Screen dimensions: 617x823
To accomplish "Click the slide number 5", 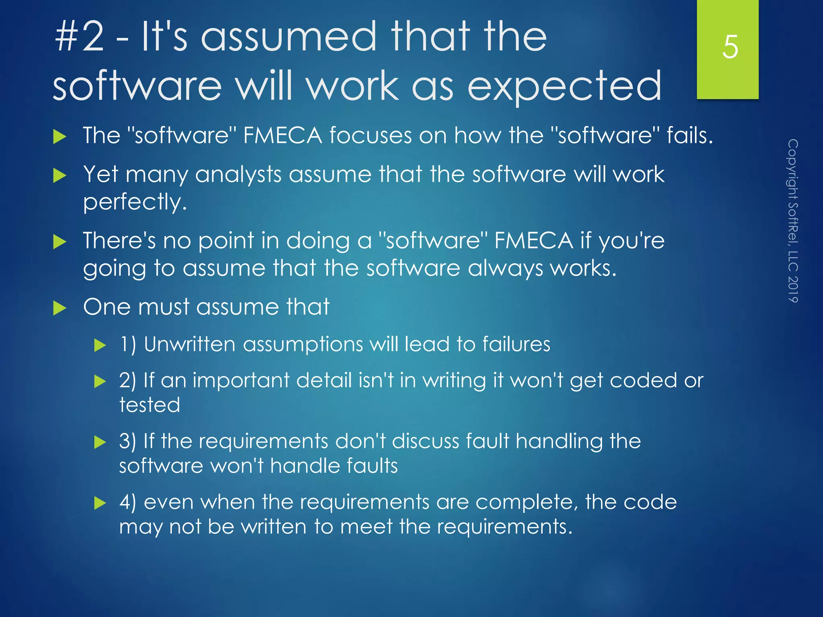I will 730,47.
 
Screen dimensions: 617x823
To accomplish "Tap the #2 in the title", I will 80,37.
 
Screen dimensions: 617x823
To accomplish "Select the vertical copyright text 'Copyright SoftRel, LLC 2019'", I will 792,221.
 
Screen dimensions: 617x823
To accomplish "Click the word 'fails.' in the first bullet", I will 690,135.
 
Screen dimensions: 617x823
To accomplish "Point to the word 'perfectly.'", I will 135,202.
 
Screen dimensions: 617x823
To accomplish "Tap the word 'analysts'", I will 238,175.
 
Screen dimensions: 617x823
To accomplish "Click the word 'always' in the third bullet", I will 505,268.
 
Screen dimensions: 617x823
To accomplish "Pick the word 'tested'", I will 149,405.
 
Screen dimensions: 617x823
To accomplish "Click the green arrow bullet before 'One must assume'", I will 59,308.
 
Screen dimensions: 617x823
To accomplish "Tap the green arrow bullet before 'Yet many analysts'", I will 59,176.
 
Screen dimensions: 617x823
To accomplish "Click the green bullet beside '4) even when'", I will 100,503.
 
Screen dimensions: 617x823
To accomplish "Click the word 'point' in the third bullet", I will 226,241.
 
